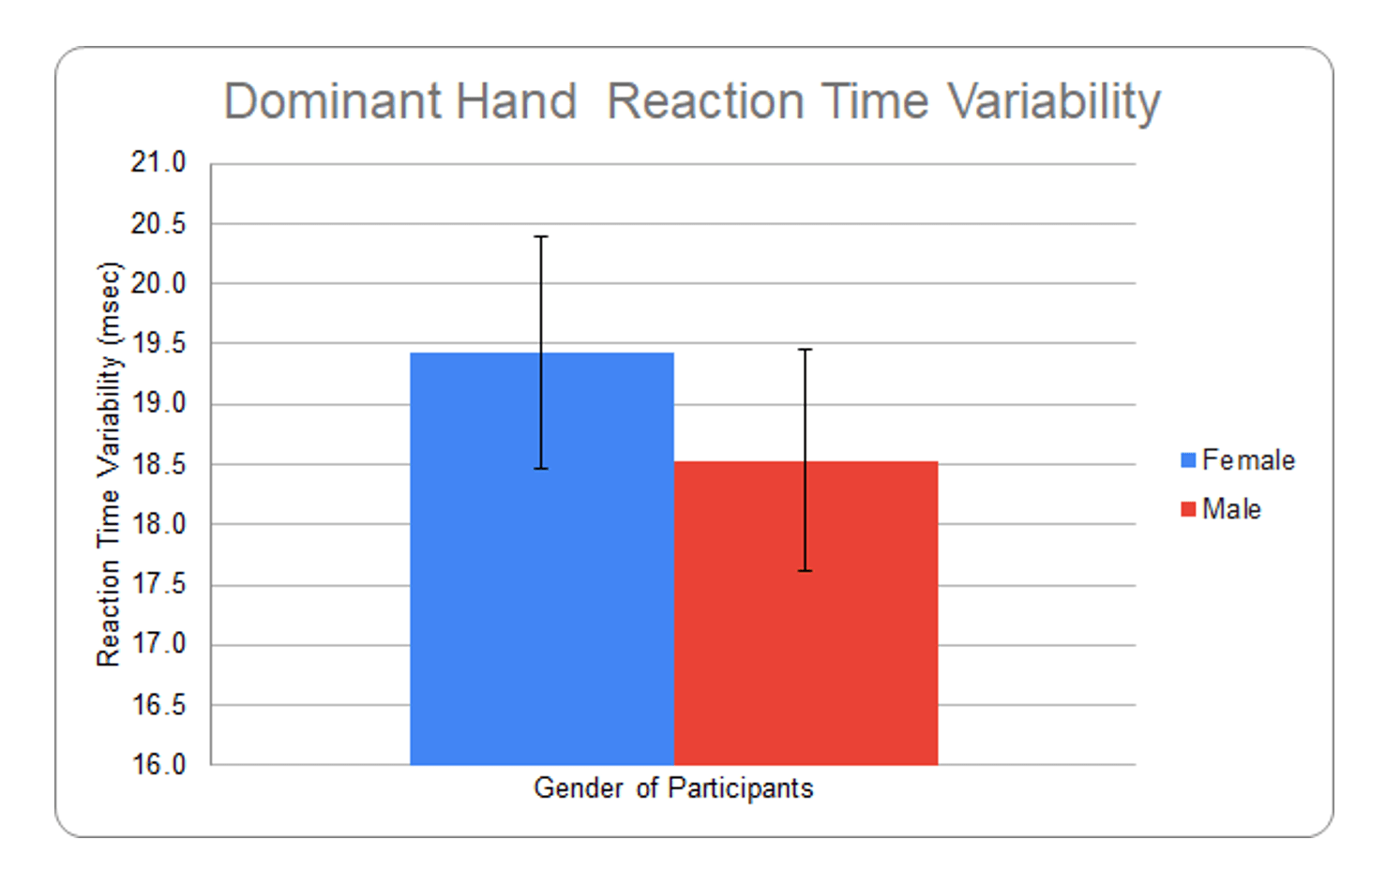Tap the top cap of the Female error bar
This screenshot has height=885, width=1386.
pos(541,237)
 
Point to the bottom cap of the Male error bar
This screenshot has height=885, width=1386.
pos(805,570)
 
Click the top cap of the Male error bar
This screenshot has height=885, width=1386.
pos(805,350)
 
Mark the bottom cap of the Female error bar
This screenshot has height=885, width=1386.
pos(541,468)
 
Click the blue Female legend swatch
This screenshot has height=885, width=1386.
pos(1188,460)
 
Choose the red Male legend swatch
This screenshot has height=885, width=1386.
pos(1188,509)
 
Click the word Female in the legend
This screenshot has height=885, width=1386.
pos(1248,460)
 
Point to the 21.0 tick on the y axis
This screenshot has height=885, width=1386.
pos(158,163)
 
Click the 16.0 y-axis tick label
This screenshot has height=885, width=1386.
pos(158,765)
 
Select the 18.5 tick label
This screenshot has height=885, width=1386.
pos(158,464)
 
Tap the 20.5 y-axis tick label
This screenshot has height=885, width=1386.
pos(158,223)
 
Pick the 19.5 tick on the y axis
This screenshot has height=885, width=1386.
pos(158,343)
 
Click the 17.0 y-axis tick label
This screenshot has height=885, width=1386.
pos(158,645)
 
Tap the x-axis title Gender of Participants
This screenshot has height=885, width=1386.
pos(673,788)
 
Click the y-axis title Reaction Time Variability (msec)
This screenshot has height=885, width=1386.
pos(109,464)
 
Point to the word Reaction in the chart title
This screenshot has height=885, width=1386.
pos(705,101)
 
